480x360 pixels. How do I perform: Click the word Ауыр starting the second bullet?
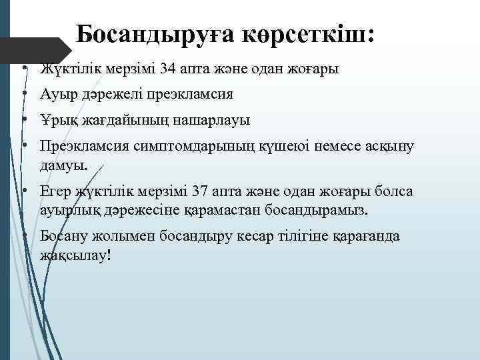[55, 94]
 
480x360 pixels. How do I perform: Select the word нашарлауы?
[209, 120]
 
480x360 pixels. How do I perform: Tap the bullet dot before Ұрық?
[23, 120]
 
